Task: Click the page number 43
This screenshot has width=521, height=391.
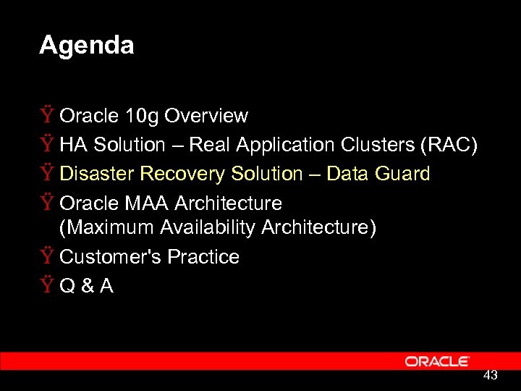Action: [x=490, y=375]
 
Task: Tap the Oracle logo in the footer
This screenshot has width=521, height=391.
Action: [x=437, y=361]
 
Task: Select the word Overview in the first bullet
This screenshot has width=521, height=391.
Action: [x=206, y=116]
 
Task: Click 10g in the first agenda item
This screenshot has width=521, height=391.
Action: [x=140, y=116]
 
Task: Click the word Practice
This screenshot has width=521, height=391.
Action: [x=203, y=257]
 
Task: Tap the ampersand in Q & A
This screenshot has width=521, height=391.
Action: [x=87, y=286]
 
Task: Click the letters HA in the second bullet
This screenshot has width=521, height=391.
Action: [x=72, y=145]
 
